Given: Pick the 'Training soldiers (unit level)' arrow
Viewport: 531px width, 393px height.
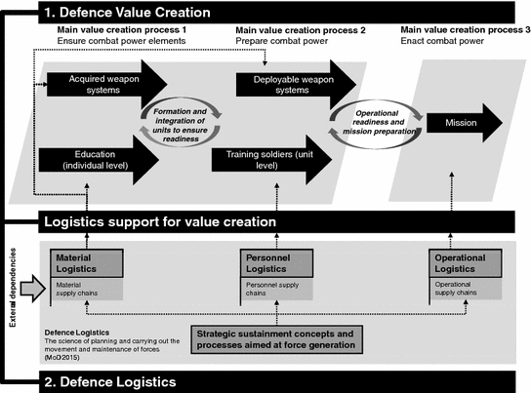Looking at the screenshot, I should [278, 160].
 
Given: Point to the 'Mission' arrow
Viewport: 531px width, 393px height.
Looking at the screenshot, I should [464, 124].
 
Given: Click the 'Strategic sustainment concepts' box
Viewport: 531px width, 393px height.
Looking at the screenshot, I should [276, 338].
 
